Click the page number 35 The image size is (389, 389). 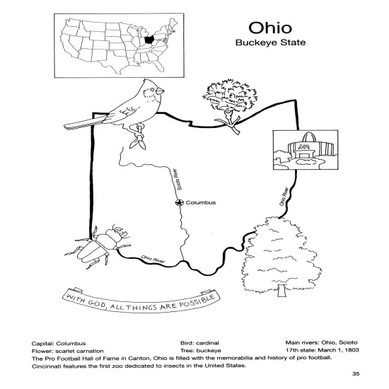356,374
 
